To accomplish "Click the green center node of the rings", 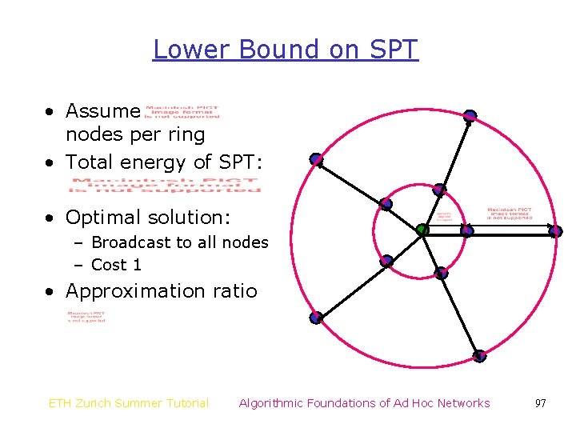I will click(422, 230).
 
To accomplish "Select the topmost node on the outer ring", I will click(470, 116).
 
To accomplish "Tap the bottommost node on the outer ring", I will click(479, 356).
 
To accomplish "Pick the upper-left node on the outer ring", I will click(317, 159).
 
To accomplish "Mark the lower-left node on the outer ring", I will click(316, 318).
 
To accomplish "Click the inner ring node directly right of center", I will click(467, 230).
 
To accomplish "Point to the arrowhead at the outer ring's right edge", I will click(556, 230).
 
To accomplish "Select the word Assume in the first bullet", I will click(102, 110).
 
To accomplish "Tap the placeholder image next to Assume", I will click(181, 111).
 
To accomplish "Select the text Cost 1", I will click(116, 265).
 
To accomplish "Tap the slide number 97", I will click(540, 403).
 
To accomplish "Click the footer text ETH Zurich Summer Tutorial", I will click(129, 403).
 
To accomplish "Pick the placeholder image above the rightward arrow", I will click(510, 214).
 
